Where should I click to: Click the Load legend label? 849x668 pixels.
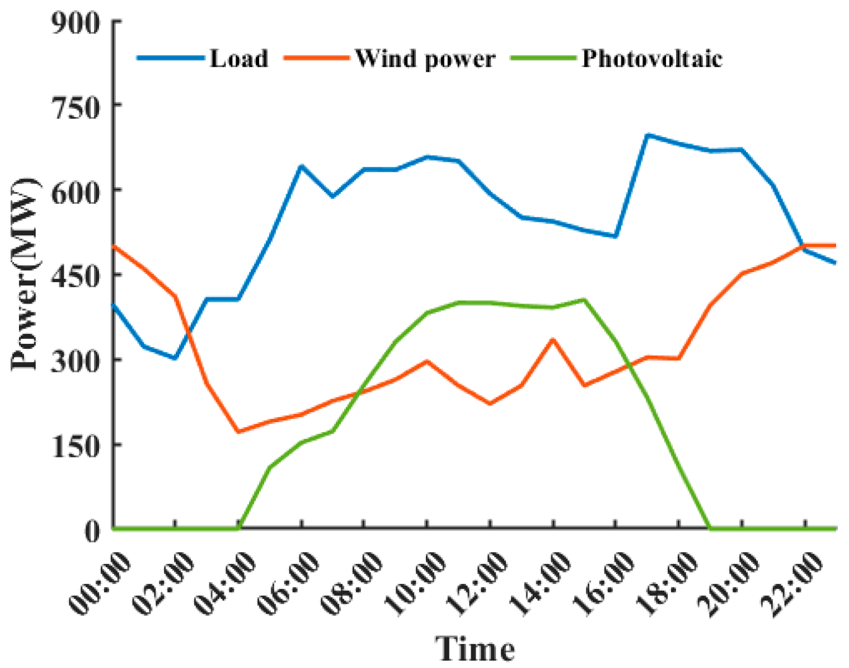click(x=239, y=58)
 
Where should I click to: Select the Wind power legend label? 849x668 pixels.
click(x=425, y=59)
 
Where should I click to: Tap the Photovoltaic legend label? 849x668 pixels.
click(x=652, y=58)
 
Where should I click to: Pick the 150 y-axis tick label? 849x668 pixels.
click(x=76, y=446)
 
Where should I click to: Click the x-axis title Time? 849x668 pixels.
click(x=475, y=649)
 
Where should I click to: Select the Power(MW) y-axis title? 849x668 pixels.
click(x=25, y=274)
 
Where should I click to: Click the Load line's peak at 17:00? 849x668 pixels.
click(x=648, y=135)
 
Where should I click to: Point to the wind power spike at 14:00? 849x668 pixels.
click(x=553, y=339)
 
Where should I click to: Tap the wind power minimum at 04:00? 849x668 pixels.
click(x=238, y=432)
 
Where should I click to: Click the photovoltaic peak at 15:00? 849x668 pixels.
click(x=584, y=300)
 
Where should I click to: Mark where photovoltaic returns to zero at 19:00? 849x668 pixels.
click(x=710, y=528)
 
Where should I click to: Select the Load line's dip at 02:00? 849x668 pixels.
click(x=175, y=358)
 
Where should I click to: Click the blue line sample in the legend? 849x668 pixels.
click(x=170, y=58)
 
